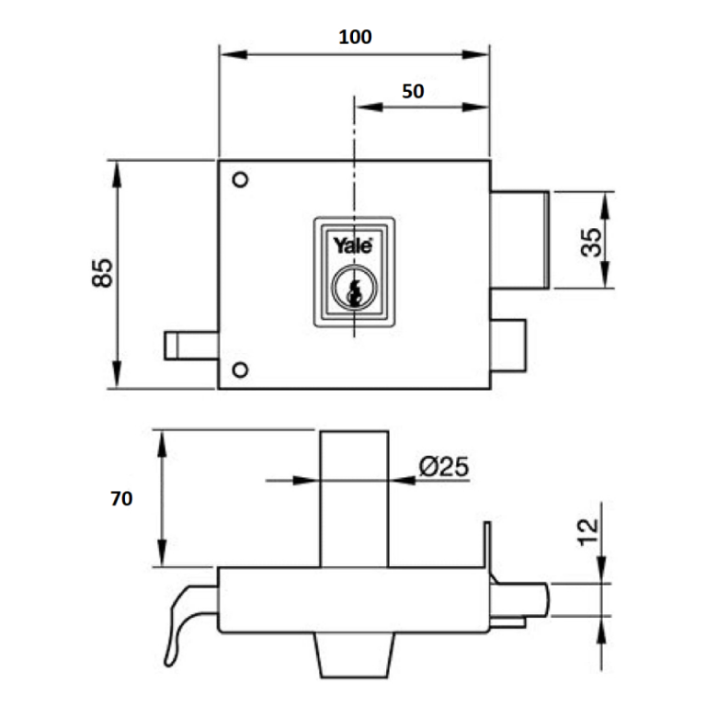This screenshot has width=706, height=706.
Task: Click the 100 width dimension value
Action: tap(355, 38)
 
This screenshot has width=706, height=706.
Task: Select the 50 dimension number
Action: tap(413, 91)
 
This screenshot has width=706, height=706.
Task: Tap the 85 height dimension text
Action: tap(103, 273)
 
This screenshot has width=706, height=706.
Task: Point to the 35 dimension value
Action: tap(591, 243)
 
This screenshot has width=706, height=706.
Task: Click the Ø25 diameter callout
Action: tap(444, 466)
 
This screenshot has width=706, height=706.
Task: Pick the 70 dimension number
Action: tap(121, 499)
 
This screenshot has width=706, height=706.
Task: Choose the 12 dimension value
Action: tap(588, 532)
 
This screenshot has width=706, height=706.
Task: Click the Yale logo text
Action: tap(353, 245)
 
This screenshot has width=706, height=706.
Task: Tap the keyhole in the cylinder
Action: tap(354, 290)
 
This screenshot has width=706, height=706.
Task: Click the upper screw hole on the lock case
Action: tap(241, 179)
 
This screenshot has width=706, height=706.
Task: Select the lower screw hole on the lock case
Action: tap(241, 370)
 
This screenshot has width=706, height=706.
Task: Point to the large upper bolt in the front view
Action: tap(519, 240)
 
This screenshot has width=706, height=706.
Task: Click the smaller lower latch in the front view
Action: tap(507, 346)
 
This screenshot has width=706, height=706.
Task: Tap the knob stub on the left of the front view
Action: tap(191, 346)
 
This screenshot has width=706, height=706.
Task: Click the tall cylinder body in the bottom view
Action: tap(354, 499)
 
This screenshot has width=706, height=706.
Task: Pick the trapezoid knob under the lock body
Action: tap(354, 655)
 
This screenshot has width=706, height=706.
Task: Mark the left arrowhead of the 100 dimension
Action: tap(233, 54)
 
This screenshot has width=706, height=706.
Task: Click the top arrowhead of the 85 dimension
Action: tap(117, 175)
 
